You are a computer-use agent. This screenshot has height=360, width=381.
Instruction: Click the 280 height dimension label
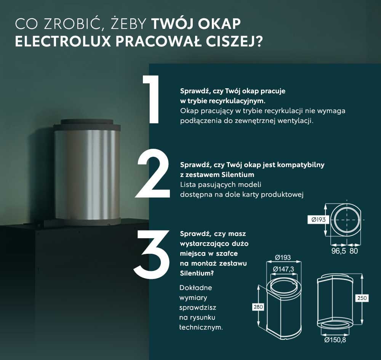(x=258, y=307)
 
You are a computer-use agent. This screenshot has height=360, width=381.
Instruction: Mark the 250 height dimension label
(x=362, y=298)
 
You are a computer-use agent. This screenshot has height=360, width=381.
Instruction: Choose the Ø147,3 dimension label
(x=284, y=269)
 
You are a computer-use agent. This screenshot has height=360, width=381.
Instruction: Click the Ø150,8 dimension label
(x=335, y=340)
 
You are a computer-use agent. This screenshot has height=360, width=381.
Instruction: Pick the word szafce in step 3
(x=234, y=253)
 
